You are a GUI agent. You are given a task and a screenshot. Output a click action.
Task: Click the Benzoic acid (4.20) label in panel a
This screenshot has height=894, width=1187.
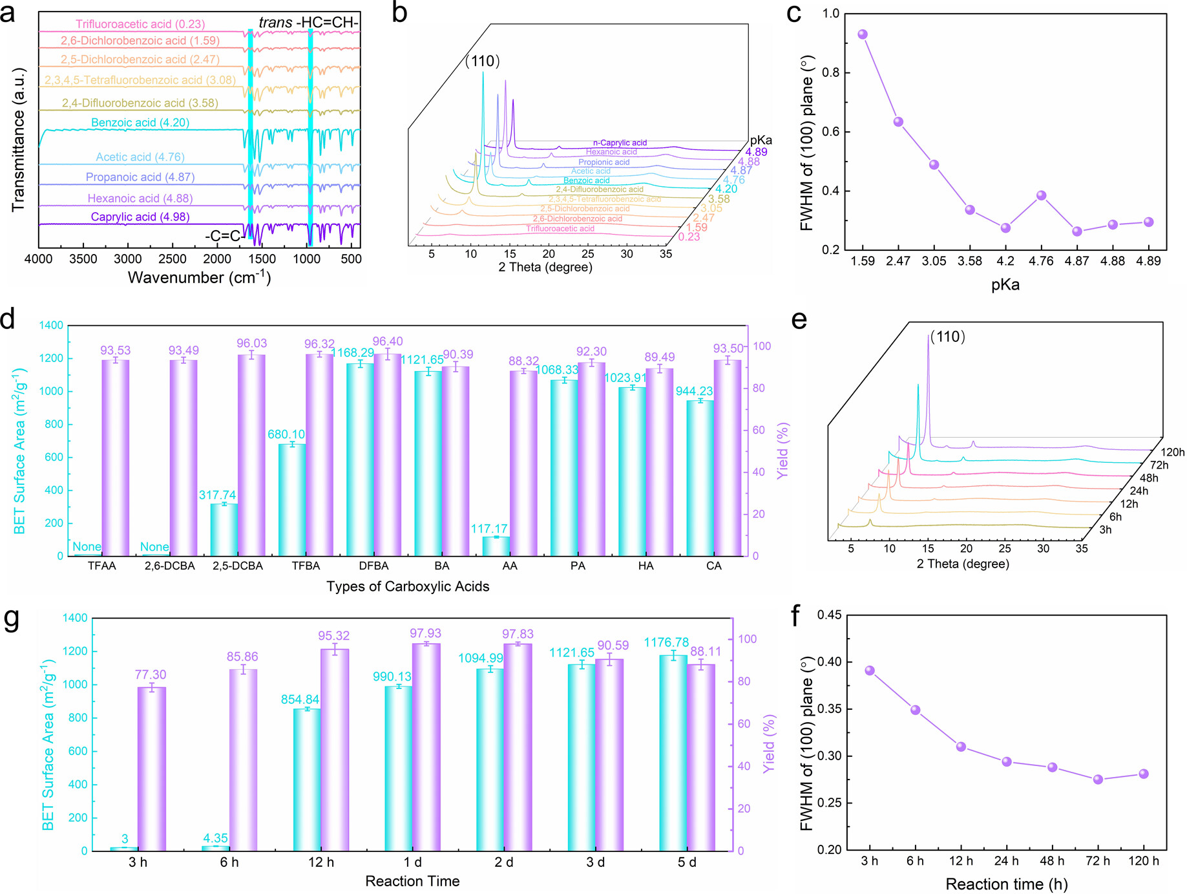pyautogui.click(x=140, y=123)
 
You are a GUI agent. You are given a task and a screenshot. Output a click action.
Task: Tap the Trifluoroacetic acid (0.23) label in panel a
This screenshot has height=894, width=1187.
pyautogui.click(x=140, y=25)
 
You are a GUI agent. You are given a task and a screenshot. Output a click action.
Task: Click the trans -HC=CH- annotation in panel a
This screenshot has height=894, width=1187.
pyautogui.click(x=308, y=23)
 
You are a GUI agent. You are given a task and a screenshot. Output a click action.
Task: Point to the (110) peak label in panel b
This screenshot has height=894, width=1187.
pyautogui.click(x=482, y=61)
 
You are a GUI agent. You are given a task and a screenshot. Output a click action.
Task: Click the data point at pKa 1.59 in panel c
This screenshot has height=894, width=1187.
pyautogui.click(x=862, y=34)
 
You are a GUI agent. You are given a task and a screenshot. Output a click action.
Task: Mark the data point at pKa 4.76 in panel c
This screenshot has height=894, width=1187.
pyautogui.click(x=1041, y=195)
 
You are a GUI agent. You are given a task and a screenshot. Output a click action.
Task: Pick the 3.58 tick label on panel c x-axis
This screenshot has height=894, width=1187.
pyautogui.click(x=969, y=261)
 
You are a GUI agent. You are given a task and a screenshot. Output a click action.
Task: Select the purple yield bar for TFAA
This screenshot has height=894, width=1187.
pyautogui.click(x=116, y=457)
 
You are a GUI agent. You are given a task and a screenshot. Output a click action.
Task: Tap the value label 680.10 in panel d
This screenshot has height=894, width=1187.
pyautogui.click(x=286, y=434)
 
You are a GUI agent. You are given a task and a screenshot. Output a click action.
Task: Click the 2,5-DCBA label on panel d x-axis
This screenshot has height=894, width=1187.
pyautogui.click(x=238, y=566)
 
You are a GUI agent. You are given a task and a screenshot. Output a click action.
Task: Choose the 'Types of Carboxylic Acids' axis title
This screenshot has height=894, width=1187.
pyautogui.click(x=408, y=587)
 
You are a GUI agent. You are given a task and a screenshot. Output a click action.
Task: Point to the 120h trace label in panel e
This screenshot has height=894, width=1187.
pyautogui.click(x=1172, y=452)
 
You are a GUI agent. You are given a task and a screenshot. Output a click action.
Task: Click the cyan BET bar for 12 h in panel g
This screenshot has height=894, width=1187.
pyautogui.click(x=307, y=780)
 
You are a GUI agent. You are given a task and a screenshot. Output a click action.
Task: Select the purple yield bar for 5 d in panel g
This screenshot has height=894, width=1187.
pyautogui.click(x=701, y=758)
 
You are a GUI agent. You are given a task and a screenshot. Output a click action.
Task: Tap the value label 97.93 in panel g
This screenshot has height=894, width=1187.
pyautogui.click(x=426, y=633)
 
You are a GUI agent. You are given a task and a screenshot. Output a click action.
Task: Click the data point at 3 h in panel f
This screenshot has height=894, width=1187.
pyautogui.click(x=870, y=671)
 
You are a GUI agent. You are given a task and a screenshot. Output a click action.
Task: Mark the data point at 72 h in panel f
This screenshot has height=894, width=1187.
pyautogui.click(x=1098, y=780)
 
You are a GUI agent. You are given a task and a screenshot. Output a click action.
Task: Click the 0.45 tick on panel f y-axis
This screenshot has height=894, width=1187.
pyautogui.click(x=830, y=615)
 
